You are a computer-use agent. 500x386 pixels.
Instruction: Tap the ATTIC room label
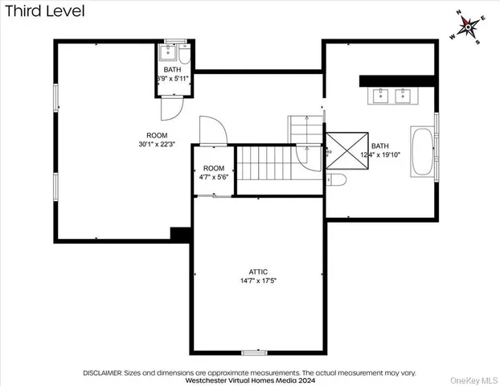point(258,272)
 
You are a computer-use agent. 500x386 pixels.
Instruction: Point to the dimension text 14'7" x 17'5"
point(258,281)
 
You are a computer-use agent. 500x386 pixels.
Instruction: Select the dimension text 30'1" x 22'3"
point(157,144)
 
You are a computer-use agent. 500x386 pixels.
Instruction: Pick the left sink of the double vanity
point(379,96)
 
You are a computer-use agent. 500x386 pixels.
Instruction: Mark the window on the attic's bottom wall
point(253,352)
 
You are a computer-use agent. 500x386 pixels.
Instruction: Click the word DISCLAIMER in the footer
point(102,372)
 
